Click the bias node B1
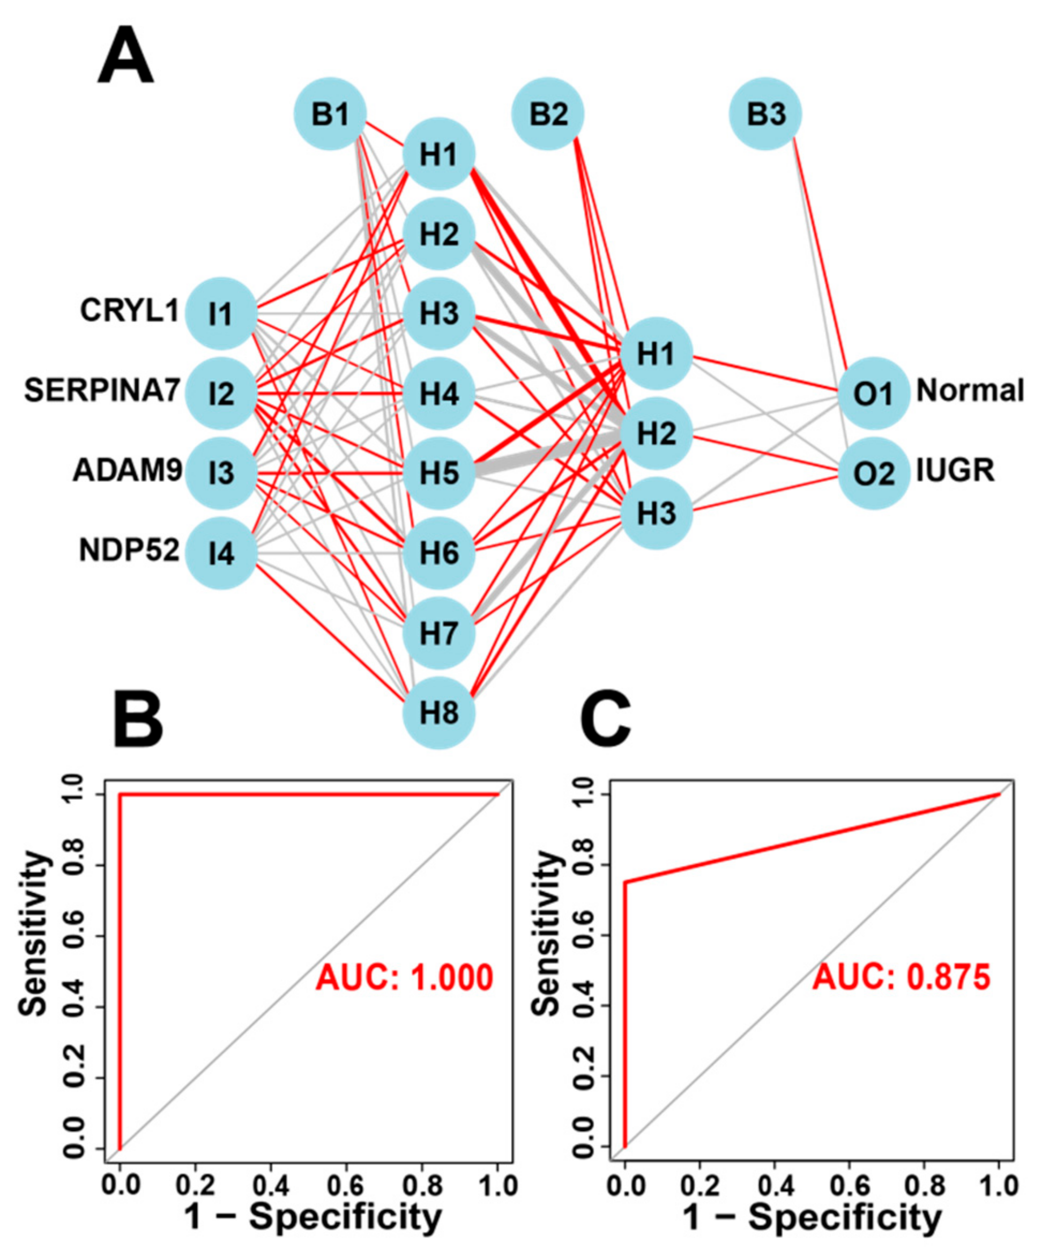[330, 114]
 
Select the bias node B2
[548, 114]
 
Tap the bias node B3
[765, 114]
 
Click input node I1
[221, 313]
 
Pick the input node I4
[221, 553]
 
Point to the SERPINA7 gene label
[102, 392]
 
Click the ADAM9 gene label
[128, 471]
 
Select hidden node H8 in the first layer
[439, 713]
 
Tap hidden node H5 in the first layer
[439, 473]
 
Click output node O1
[874, 393]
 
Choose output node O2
[874, 473]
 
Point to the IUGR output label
[955, 471]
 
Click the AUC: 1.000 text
[404, 978]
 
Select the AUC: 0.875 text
[902, 978]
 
